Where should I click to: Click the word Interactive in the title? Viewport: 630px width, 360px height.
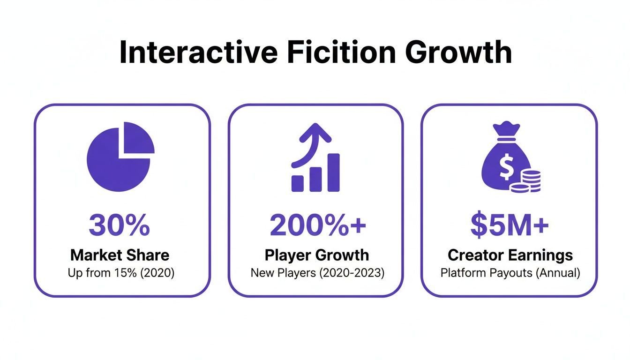coord(199,52)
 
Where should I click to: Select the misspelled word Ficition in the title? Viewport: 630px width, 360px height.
coord(341,52)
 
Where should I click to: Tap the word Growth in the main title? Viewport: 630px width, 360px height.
coord(458,52)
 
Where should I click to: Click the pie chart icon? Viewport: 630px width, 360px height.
coord(120,157)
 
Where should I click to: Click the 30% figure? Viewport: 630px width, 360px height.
coord(120,225)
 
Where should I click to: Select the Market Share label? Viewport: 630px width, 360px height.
coord(120,255)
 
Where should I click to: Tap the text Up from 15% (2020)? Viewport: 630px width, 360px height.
coord(121,273)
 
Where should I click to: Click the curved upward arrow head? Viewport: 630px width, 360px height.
coord(315,132)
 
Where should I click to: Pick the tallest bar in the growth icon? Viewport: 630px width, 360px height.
coord(334,172)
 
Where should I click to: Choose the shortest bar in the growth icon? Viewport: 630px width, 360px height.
coord(298,184)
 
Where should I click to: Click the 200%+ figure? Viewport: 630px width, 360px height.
coord(318,225)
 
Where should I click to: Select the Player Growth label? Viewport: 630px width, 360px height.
coord(317,255)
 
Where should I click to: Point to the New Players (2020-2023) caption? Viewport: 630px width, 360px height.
coord(317,273)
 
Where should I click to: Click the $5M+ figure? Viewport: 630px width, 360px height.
coord(510,225)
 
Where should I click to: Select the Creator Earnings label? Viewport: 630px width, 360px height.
coord(510,255)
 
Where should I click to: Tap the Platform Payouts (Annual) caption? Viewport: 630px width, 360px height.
coord(510,273)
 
